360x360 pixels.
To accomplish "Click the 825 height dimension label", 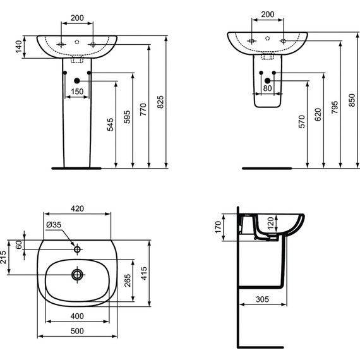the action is click(161, 102).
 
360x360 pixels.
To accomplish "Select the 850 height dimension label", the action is click(352, 100).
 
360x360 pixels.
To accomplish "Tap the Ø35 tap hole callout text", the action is click(54, 225).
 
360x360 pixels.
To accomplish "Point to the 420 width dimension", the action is click(77, 208).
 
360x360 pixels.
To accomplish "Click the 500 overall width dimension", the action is click(77, 331).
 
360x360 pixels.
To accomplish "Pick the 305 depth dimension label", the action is click(262, 299).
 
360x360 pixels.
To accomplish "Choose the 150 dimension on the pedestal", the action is click(77, 92).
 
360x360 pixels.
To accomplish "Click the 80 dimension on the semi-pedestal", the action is click(267, 88).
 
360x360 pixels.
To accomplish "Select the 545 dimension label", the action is click(111, 124).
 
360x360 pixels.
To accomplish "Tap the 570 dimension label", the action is click(302, 121).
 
